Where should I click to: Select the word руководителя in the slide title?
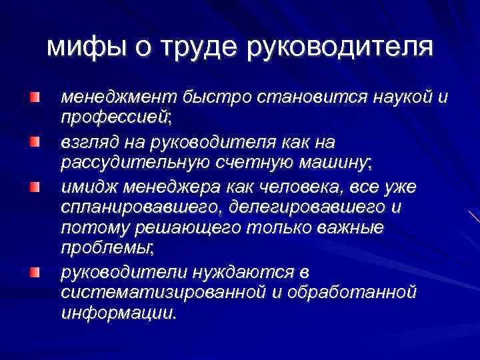click(340, 47)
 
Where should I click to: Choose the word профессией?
click(115, 119)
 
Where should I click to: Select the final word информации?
click(118, 313)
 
